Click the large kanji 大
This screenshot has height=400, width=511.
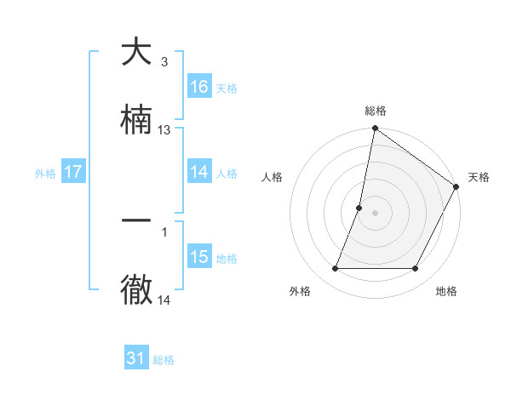(x=136, y=53)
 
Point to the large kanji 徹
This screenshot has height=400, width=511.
(x=136, y=289)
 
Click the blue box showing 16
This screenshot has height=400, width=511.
(x=199, y=86)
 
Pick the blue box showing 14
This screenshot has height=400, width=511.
(x=199, y=172)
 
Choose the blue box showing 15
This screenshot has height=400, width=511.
(x=199, y=257)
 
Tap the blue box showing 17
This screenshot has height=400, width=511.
(x=73, y=172)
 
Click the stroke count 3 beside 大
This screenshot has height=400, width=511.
(x=164, y=62)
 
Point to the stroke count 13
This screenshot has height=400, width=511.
(x=164, y=130)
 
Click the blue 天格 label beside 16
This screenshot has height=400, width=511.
(x=227, y=88)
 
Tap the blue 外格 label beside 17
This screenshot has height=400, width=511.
(x=45, y=174)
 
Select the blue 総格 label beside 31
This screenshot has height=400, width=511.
(x=164, y=360)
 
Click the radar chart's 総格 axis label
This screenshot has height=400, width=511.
(x=376, y=111)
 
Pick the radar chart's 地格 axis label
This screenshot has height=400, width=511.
(x=446, y=291)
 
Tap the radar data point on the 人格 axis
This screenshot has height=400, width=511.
(x=359, y=208)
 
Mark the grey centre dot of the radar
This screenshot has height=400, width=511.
(x=376, y=213)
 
